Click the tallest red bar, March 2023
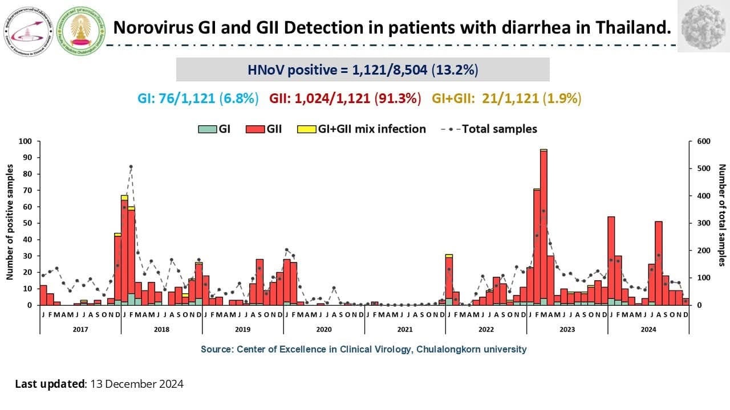click(544, 228)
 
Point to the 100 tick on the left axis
click(26, 141)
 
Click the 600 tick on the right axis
click(698, 141)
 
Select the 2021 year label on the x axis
click(405, 329)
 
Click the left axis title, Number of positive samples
click(10, 222)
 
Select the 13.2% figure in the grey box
click(455, 70)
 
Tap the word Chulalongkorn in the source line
click(466, 349)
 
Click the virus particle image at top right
click(703, 26)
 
